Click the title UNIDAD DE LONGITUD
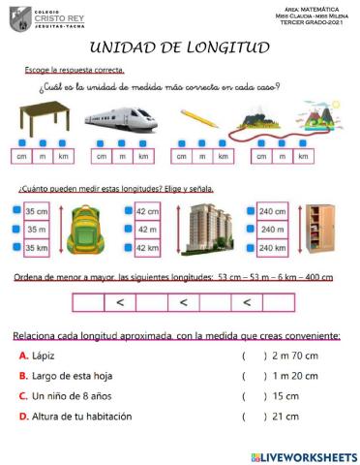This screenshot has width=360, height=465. [179, 48]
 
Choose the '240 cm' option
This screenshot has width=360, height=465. [272, 210]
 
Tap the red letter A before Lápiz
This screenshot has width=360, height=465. [23, 356]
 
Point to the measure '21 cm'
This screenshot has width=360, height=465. [286, 417]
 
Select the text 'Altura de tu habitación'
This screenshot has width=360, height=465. [82, 417]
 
